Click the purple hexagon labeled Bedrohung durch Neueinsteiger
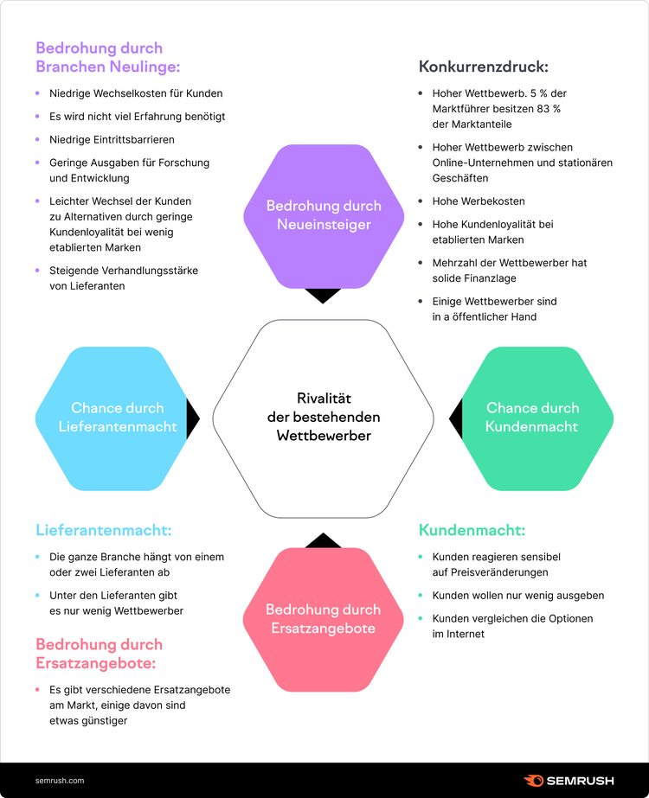click(x=324, y=216)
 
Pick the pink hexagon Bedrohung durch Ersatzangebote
click(x=324, y=619)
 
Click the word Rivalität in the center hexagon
click(x=324, y=398)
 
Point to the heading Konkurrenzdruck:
click(x=484, y=67)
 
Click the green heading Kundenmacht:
click(x=472, y=530)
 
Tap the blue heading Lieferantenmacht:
click(x=104, y=530)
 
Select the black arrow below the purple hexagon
click(x=323, y=296)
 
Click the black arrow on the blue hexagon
click(x=193, y=418)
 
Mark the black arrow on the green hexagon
click(x=456, y=418)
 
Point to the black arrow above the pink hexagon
click(x=323, y=540)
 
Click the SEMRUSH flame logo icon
click(x=533, y=780)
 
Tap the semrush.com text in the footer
click(x=60, y=781)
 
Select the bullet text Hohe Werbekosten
click(x=479, y=201)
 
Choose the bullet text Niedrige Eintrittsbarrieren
click(x=112, y=139)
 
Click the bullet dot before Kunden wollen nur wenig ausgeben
click(x=421, y=595)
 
